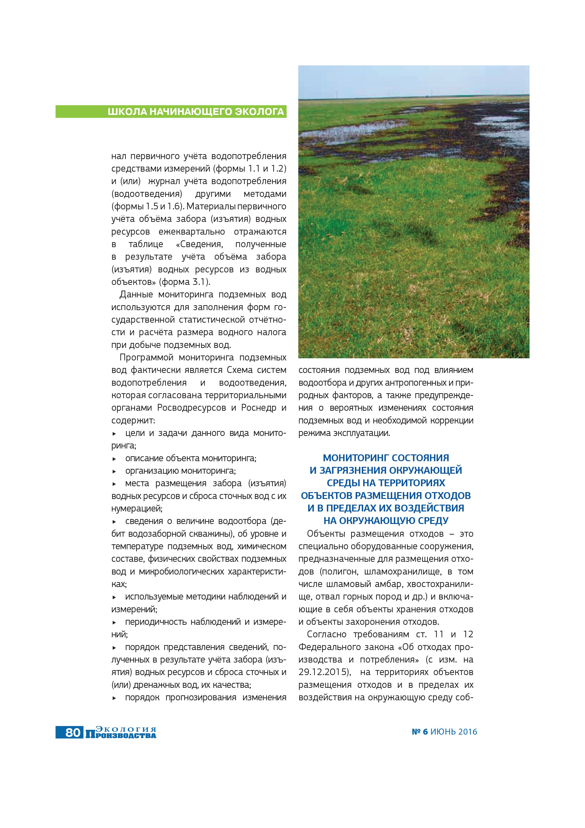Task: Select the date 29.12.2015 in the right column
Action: pos(324,672)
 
